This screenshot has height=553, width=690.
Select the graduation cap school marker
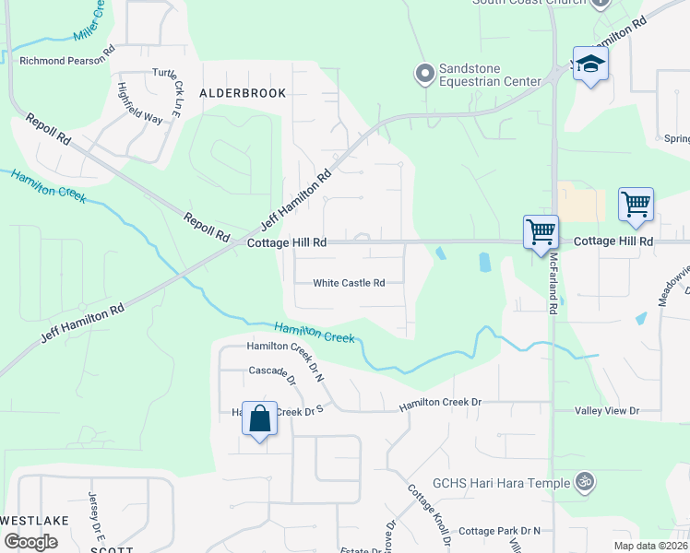[x=590, y=64]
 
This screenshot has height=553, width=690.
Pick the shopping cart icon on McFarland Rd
[x=541, y=231]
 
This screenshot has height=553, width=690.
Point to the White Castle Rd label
[x=349, y=283]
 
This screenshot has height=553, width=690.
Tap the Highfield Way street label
[x=139, y=103]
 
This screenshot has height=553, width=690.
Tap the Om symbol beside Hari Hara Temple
[x=582, y=481]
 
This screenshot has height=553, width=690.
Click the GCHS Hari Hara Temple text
[x=502, y=482]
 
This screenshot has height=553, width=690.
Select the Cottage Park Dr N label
[x=499, y=531]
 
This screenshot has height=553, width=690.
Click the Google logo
[x=30, y=541]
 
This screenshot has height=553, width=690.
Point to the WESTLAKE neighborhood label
[x=34, y=521]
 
